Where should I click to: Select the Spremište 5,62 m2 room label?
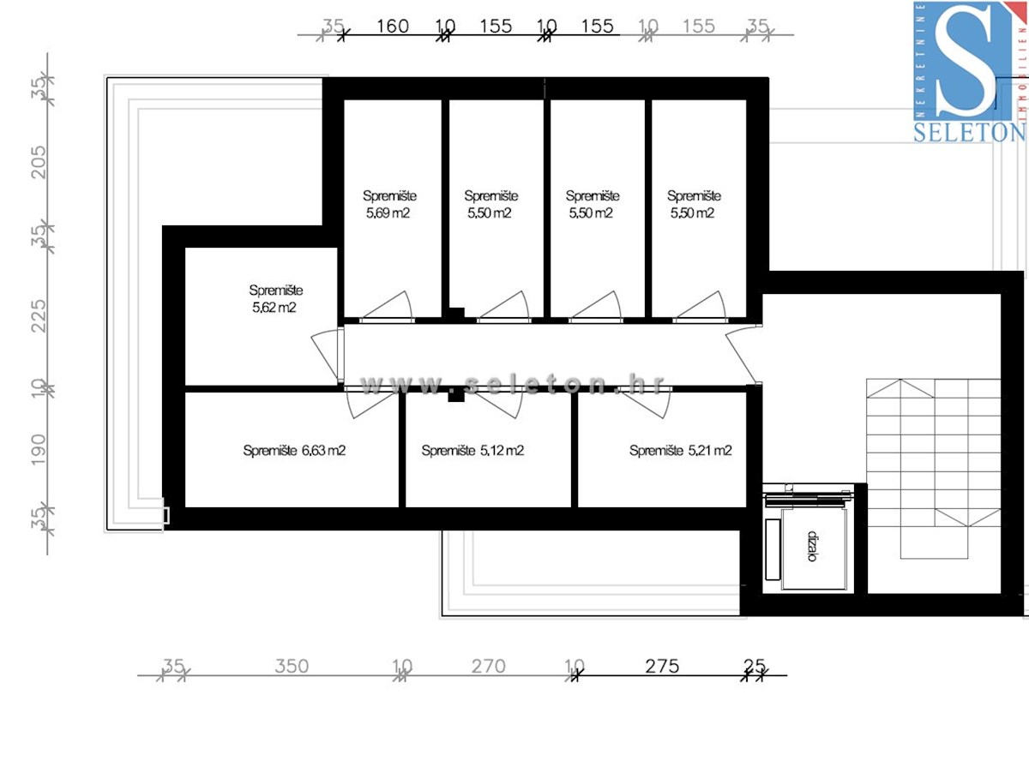pos(275,299)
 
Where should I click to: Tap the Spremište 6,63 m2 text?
pos(294,451)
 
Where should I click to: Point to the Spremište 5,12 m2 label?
pos(472,451)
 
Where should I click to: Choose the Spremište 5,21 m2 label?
pos(680,451)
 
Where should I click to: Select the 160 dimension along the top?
pos(393,27)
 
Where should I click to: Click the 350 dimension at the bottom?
pos(292,666)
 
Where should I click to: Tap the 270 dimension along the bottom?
pos(488,666)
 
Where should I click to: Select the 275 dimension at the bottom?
pos(662,666)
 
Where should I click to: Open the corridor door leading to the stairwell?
pos(742,356)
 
